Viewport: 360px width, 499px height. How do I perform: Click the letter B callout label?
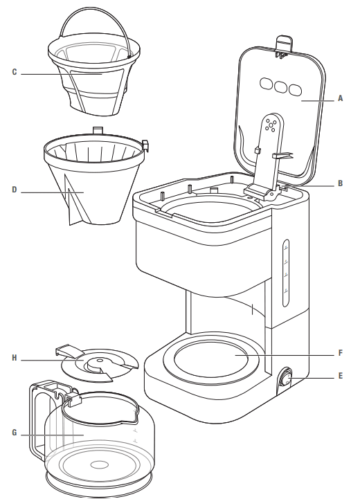(x=340, y=183)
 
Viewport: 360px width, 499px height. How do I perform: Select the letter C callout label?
(x=15, y=72)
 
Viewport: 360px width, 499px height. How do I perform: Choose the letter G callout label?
(x=15, y=435)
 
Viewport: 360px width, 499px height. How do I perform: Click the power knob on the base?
(x=284, y=380)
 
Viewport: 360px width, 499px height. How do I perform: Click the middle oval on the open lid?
(x=281, y=87)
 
